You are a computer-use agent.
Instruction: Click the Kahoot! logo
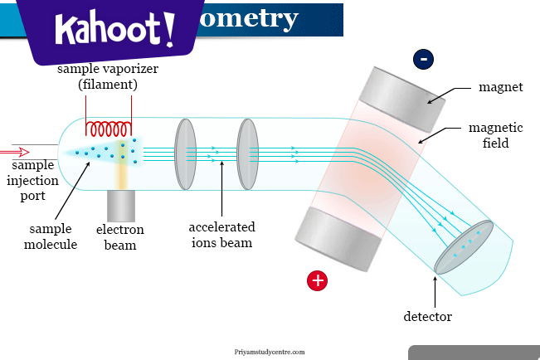point(115,31)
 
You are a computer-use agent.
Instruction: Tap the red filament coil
point(109,129)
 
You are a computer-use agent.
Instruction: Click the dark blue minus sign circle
point(424,59)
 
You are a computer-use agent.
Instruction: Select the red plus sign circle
point(317,280)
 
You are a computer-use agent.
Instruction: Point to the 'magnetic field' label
point(495,135)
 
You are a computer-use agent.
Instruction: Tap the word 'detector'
point(428,316)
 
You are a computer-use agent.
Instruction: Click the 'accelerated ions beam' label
point(221,235)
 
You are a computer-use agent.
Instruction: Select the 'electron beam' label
point(120,237)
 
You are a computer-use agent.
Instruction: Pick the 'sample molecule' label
point(51,236)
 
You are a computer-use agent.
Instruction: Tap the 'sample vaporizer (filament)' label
point(108,76)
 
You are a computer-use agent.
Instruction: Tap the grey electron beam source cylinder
point(120,205)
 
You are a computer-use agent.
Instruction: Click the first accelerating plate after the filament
point(185,153)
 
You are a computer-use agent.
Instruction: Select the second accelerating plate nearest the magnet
point(247,153)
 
